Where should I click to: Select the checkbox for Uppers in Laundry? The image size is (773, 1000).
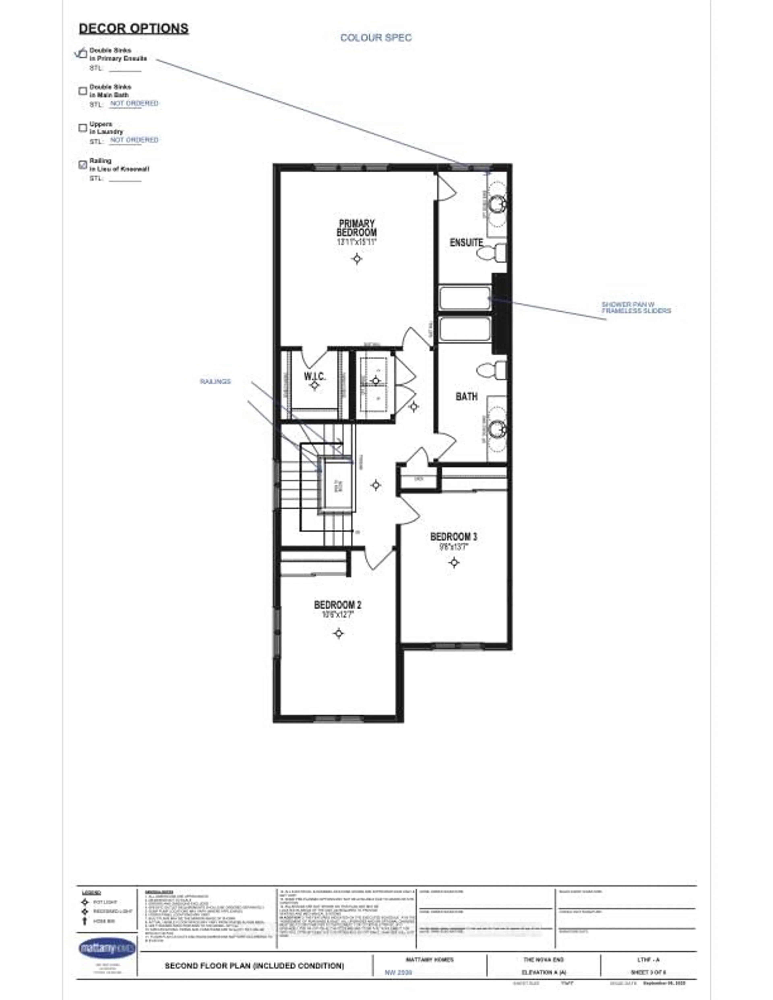82,128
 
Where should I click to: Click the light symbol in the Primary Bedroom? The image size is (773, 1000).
357,259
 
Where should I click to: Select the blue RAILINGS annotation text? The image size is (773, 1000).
215,381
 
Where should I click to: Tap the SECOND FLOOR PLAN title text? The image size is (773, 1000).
254,966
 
